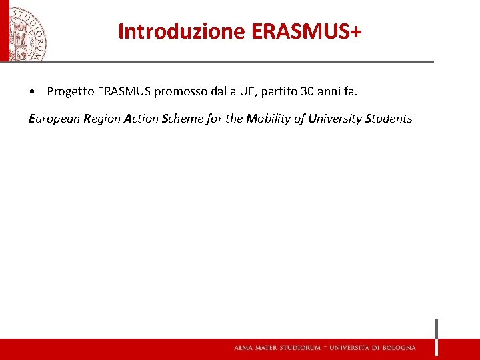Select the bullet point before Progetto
click(32, 92)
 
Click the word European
click(54, 119)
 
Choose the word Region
click(102, 119)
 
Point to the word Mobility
click(269, 119)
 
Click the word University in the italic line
click(334, 119)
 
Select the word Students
click(389, 119)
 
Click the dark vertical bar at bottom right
click(437, 337)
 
